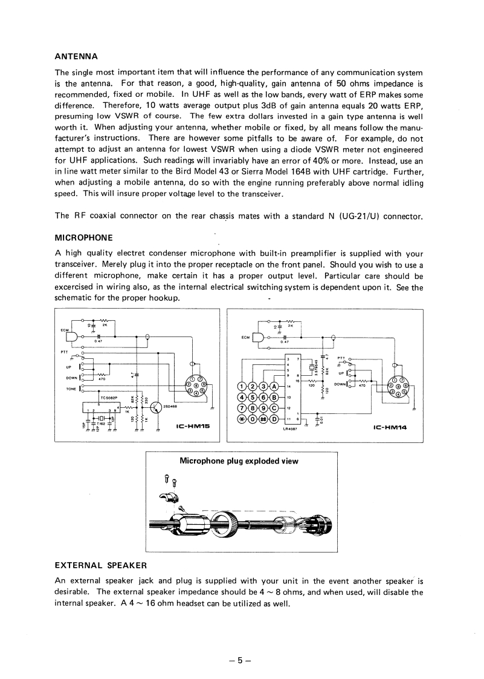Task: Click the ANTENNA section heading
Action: (x=76, y=57)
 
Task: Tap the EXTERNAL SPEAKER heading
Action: (x=101, y=565)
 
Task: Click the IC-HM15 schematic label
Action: (x=192, y=427)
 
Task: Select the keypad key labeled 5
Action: (x=253, y=398)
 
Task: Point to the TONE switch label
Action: (x=71, y=389)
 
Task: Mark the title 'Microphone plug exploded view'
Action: (x=239, y=461)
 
